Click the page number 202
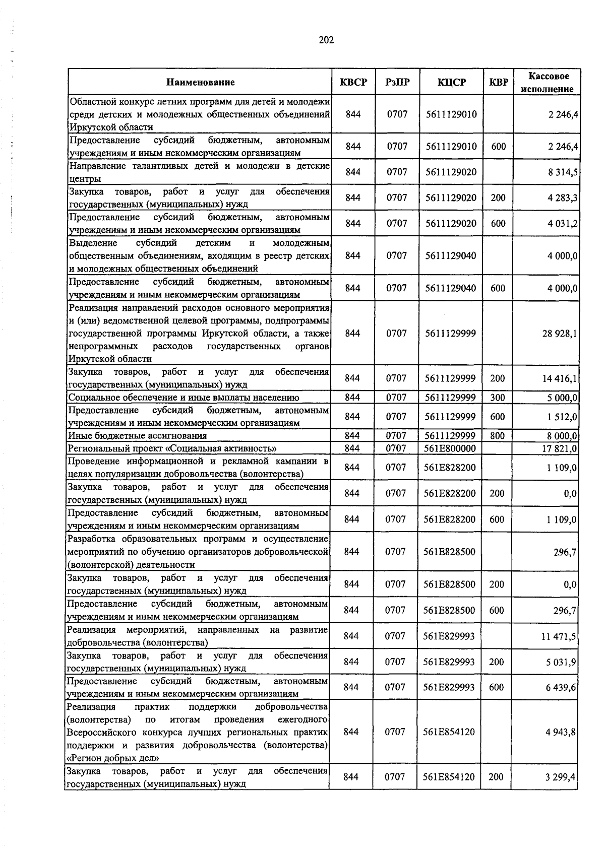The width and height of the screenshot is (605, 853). click(x=326, y=40)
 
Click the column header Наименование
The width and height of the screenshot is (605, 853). click(x=201, y=82)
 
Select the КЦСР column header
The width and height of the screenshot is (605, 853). click(x=451, y=82)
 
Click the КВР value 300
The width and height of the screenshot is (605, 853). click(x=498, y=398)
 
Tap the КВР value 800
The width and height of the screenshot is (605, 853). click(x=497, y=436)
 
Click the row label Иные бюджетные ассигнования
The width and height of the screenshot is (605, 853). click(x=138, y=436)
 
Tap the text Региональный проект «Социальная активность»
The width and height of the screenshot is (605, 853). click(x=172, y=448)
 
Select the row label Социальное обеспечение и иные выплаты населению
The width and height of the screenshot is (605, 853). click(x=184, y=398)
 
